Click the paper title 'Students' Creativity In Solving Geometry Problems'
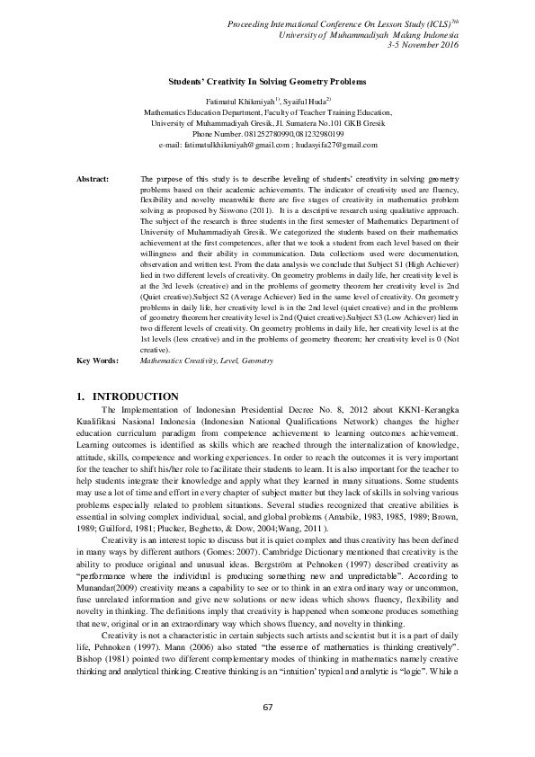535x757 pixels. (268, 81)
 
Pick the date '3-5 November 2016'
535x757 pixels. (423, 43)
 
